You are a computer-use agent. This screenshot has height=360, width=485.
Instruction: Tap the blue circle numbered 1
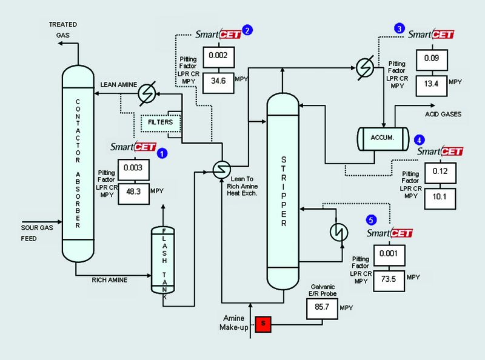pos(161,154)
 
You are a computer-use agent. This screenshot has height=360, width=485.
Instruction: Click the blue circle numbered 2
pos(247,28)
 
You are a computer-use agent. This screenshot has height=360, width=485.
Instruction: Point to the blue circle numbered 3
pos(399,28)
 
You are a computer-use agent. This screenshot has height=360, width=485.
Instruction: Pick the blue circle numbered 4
pos(420,139)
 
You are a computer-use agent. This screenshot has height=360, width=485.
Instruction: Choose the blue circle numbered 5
pos(372,219)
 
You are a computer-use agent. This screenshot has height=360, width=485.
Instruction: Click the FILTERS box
pos(161,122)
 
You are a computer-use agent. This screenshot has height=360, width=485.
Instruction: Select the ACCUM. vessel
pos(382,137)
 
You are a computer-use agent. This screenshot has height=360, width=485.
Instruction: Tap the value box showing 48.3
pos(133,193)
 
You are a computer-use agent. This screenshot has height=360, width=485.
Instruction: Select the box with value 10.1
pos(440,196)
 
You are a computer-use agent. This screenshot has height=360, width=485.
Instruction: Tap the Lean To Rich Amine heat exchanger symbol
pos(219,169)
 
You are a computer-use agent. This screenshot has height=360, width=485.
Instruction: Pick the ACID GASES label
pos(443,114)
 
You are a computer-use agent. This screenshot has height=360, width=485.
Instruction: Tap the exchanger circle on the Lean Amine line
pos(146,93)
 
